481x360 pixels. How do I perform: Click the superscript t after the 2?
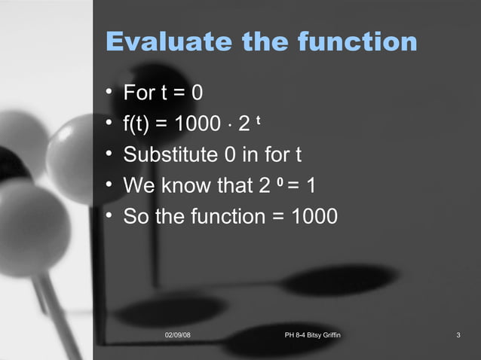pos(259,118)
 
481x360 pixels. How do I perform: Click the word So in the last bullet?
pos(135,216)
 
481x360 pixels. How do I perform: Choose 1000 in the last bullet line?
pos(314,216)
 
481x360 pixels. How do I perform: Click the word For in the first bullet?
pos(139,93)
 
